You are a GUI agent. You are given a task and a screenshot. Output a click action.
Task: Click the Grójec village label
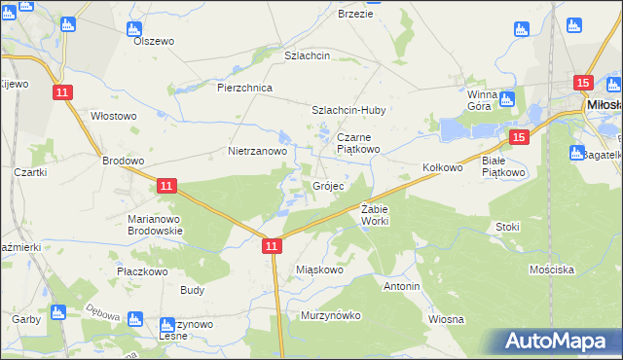pyautogui.click(x=327, y=186)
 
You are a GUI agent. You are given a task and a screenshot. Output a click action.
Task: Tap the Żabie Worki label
pyautogui.click(x=375, y=215)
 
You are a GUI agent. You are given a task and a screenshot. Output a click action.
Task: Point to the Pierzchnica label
pyautogui.click(x=244, y=88)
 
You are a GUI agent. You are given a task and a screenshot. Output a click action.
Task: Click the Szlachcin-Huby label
pyautogui.click(x=348, y=111)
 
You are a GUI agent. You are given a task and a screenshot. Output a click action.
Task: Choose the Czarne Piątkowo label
pyautogui.click(x=360, y=144)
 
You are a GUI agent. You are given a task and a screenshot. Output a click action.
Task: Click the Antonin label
pyautogui.click(x=401, y=287)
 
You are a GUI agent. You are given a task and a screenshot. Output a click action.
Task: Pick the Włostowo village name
pyautogui.click(x=113, y=116)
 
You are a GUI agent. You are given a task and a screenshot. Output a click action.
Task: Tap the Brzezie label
pyautogui.click(x=355, y=14)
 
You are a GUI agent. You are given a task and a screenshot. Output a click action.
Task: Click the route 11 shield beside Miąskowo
pyautogui.click(x=273, y=249)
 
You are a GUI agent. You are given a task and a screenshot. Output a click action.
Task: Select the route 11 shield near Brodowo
pyautogui.click(x=165, y=185)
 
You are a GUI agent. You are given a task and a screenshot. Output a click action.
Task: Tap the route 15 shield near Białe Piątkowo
pyautogui.click(x=519, y=139)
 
